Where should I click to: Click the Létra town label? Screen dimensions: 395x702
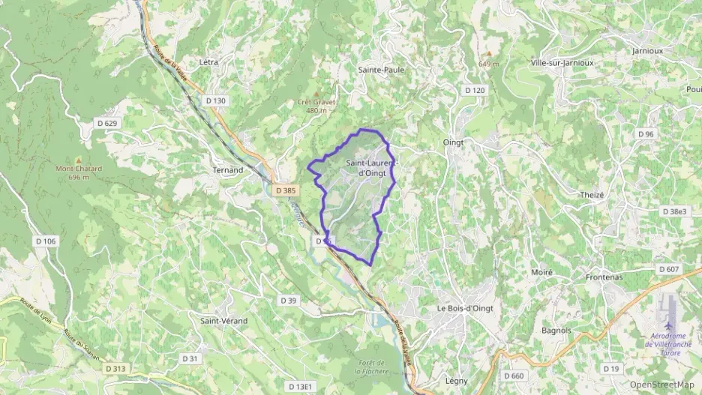click(209, 62)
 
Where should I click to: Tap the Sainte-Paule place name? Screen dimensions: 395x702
click(381, 70)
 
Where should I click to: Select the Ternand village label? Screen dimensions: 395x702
click(228, 170)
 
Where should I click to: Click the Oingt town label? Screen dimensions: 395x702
click(454, 142)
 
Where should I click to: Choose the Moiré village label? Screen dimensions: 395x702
click(541, 272)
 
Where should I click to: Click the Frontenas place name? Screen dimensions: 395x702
click(604, 277)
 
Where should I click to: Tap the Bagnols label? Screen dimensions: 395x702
click(556, 330)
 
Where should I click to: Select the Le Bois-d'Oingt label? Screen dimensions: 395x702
click(465, 308)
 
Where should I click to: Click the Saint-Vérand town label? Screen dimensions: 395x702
click(223, 321)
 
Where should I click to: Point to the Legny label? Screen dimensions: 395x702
click(456, 381)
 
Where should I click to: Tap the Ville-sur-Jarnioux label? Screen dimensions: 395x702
click(562, 63)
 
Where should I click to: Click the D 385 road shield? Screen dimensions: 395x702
click(285, 191)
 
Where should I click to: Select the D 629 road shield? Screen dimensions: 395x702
click(107, 123)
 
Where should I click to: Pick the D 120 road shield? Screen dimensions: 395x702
click(474, 90)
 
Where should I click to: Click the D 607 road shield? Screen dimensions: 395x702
click(667, 269)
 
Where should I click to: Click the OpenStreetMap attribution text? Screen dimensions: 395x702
click(661, 385)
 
